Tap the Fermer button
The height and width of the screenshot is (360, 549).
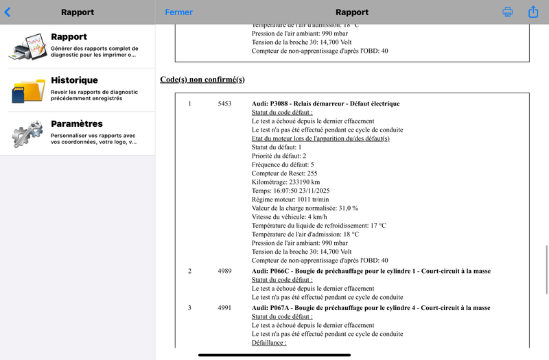click(178, 12)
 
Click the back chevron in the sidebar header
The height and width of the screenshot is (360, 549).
click(8, 12)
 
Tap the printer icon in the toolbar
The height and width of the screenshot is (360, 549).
click(508, 12)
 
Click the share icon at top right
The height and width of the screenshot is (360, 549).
click(533, 12)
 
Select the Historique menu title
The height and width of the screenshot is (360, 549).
click(74, 80)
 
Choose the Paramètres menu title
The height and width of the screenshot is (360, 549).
click(77, 124)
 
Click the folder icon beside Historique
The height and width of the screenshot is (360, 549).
click(28, 90)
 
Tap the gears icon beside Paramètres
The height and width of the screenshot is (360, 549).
click(27, 133)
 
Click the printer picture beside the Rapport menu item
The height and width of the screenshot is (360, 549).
click(27, 47)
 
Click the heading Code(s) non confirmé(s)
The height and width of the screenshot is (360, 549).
click(202, 80)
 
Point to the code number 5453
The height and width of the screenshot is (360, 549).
click(224, 104)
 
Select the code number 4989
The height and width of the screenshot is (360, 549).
click(224, 271)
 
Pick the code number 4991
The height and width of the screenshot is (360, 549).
click(224, 308)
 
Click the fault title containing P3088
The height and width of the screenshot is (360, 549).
click(325, 104)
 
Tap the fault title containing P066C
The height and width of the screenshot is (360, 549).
click(371, 271)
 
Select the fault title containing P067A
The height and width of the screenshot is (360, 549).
click(371, 308)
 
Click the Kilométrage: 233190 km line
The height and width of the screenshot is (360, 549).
click(286, 182)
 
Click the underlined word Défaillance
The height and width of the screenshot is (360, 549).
click(269, 343)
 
